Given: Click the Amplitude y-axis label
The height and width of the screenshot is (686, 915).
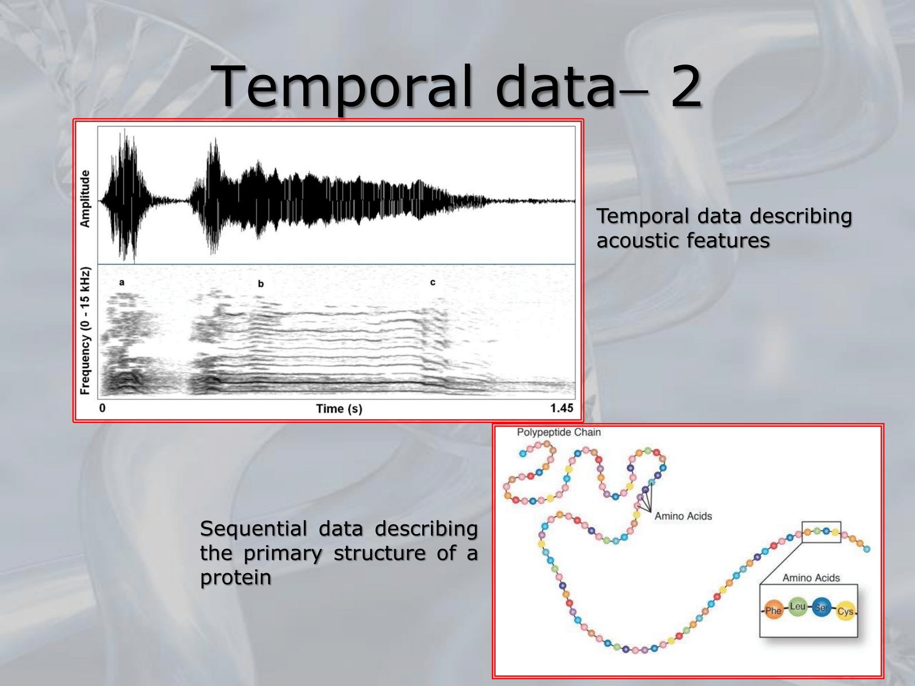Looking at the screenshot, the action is (x=85, y=198).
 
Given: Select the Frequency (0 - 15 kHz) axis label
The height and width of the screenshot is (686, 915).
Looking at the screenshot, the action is (x=85, y=331).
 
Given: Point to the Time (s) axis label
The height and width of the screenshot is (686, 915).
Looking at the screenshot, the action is (x=339, y=408).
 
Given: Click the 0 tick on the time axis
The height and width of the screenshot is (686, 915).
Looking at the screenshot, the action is (x=102, y=407).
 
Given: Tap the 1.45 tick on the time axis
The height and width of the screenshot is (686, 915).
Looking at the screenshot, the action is (x=562, y=407).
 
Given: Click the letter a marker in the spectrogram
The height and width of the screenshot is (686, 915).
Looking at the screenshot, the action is (x=122, y=283).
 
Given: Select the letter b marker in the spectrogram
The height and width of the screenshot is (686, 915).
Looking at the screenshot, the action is (x=261, y=284).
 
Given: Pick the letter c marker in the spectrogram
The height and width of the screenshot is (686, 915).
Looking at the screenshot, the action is (x=433, y=283).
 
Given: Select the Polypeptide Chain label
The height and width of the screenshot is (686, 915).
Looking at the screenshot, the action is (x=559, y=432).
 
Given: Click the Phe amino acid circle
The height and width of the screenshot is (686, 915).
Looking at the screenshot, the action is (x=773, y=610).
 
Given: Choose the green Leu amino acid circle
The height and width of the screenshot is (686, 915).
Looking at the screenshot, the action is (x=797, y=607).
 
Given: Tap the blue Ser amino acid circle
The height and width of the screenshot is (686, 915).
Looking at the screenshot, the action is (x=822, y=607).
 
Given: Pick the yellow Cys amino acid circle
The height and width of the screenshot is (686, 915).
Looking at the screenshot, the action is (x=845, y=611).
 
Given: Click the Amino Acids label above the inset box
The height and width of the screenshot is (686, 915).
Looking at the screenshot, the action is (x=811, y=578).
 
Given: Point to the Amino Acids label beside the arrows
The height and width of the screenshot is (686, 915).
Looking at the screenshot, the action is (x=683, y=516).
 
